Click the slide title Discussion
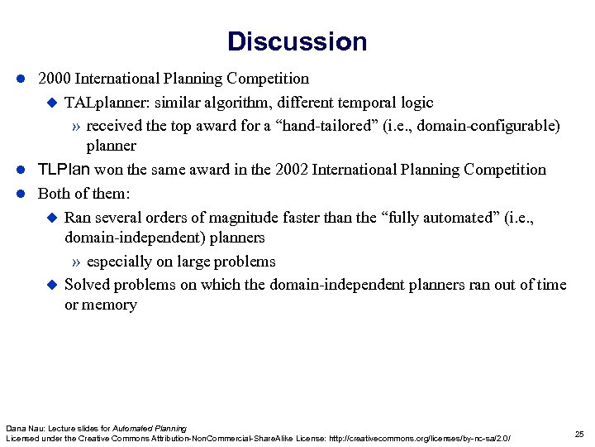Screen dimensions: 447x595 coord(297,41)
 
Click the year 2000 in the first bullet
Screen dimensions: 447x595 coord(55,79)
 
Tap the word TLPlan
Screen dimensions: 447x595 coord(65,170)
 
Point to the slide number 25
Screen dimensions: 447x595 coord(578,434)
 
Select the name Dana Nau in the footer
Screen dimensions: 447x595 coord(22,427)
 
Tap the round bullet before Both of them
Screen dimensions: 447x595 coord(21,194)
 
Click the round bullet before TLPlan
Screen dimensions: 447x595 coord(21,170)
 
